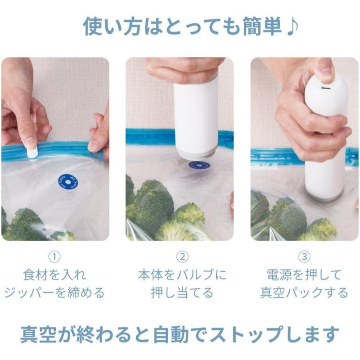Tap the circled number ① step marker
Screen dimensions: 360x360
coord(54,257)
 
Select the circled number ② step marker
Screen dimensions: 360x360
coord(182,257)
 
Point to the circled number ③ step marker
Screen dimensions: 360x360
coord(304,257)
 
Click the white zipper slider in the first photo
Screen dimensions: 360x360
coord(32,152)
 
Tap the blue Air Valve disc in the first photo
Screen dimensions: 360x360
coord(68,182)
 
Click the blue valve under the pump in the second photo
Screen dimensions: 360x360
coord(199,165)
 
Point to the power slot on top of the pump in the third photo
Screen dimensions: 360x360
coord(326,88)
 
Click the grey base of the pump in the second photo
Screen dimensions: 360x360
coord(196,153)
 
